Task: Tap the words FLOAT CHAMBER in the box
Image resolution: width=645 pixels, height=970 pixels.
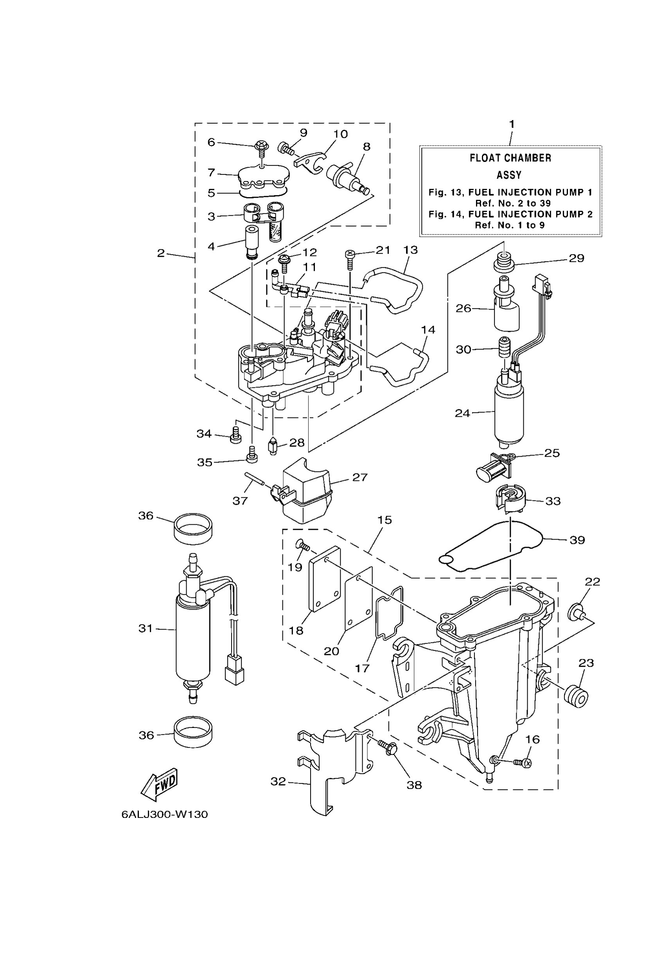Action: coord(510,158)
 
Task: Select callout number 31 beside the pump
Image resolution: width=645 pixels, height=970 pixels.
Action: coord(145,628)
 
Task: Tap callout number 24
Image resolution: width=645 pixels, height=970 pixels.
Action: coord(462,413)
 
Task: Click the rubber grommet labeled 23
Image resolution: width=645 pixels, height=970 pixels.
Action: coord(575,696)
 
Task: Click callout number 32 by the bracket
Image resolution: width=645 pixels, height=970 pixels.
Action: coord(278,781)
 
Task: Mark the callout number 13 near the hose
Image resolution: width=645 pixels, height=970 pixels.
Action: coord(410,249)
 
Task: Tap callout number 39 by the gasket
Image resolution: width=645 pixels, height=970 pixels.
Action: coord(577,540)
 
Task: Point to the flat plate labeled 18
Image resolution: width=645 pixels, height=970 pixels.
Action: coord(325,579)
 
